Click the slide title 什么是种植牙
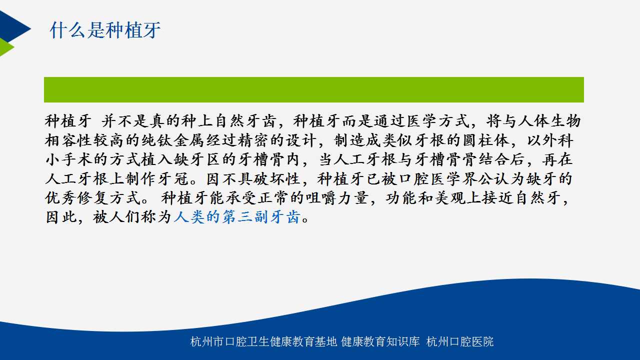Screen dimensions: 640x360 [105, 30]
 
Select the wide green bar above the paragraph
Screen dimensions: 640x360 [313, 89]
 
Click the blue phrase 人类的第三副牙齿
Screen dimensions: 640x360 [237, 217]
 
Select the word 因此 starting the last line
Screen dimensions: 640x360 [61, 217]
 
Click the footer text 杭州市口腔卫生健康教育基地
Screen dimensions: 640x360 [263, 341]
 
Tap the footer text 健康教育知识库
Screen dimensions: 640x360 [380, 341]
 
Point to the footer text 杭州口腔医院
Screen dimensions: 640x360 [459, 341]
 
